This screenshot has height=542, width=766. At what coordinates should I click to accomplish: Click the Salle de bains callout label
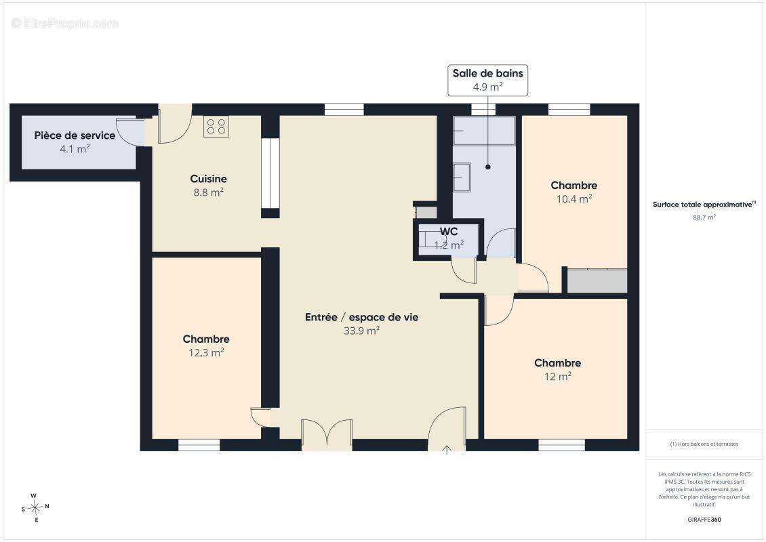[x=487, y=73]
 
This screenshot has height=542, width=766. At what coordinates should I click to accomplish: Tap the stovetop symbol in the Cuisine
[x=216, y=127]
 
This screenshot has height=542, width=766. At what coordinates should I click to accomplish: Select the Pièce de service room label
[x=75, y=135]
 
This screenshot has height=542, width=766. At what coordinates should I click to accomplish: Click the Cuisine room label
[x=209, y=179]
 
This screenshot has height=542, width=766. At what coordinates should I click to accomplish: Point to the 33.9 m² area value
[x=361, y=331]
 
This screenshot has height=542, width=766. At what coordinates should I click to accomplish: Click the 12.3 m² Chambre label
[x=206, y=339]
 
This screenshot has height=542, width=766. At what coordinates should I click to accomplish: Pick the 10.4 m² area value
[x=574, y=199]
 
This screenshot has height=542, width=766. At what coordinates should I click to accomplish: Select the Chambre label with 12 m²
[x=557, y=362]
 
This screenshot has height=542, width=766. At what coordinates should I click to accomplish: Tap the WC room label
[x=449, y=232]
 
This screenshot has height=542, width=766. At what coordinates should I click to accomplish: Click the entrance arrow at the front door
[x=447, y=450]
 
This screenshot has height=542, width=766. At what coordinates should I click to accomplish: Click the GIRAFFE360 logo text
[x=704, y=520]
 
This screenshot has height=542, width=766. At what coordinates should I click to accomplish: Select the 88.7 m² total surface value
[x=704, y=217]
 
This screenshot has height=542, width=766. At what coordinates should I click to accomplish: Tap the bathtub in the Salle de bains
[x=483, y=130]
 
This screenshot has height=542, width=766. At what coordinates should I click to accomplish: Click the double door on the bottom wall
[x=327, y=434]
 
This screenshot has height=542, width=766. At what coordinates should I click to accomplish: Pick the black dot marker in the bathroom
[x=487, y=167]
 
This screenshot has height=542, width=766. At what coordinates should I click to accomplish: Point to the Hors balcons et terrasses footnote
[x=704, y=444]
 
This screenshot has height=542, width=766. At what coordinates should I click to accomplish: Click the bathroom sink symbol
[x=462, y=178]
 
